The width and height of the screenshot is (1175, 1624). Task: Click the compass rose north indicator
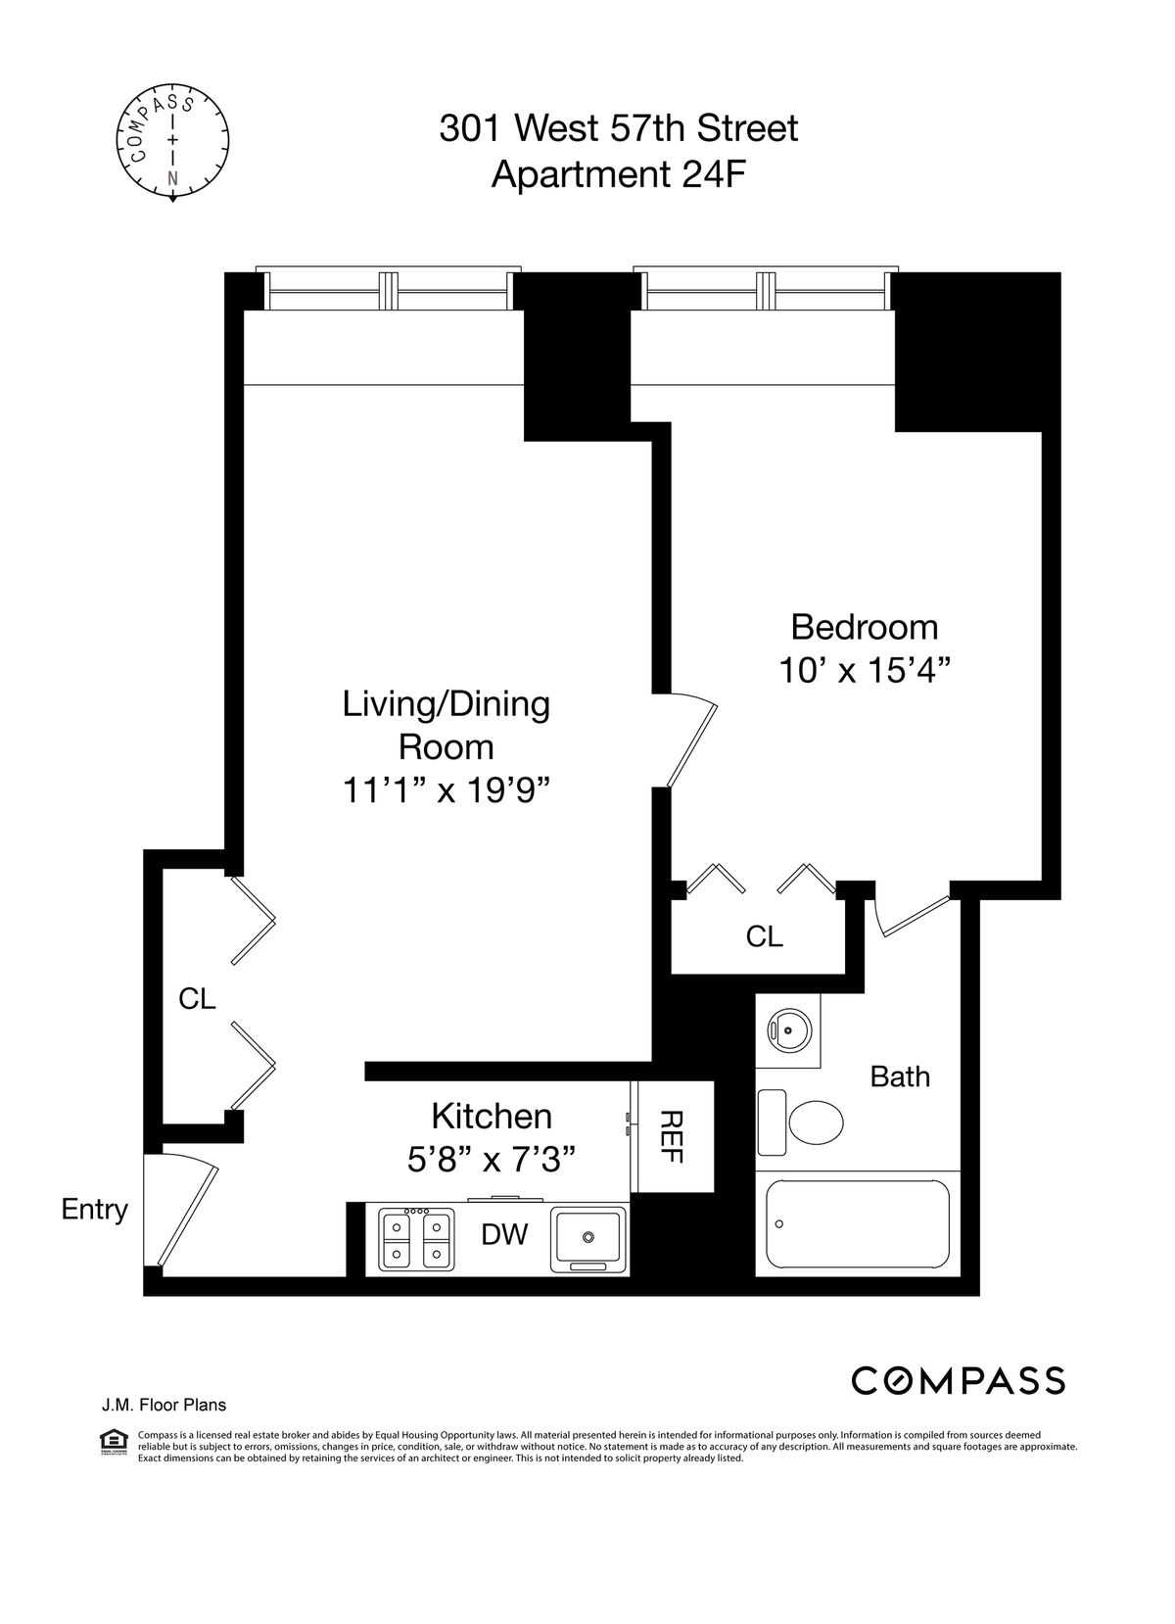172,179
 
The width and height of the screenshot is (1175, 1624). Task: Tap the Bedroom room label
864,627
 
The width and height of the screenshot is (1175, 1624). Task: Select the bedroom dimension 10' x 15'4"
864,671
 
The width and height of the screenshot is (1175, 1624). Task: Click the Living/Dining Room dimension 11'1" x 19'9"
446,790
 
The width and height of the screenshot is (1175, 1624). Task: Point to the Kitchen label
492,1117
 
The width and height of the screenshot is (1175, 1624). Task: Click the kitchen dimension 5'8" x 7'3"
492,1161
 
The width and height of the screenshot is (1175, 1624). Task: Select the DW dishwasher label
504,1234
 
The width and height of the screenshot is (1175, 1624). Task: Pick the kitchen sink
587,1239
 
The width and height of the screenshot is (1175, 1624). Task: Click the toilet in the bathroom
800,1122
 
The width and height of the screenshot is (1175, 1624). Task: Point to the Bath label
900,1076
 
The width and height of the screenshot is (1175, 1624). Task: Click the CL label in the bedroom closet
764,936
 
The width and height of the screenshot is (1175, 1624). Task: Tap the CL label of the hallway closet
197,999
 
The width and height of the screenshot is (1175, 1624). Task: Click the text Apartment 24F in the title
619,174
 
